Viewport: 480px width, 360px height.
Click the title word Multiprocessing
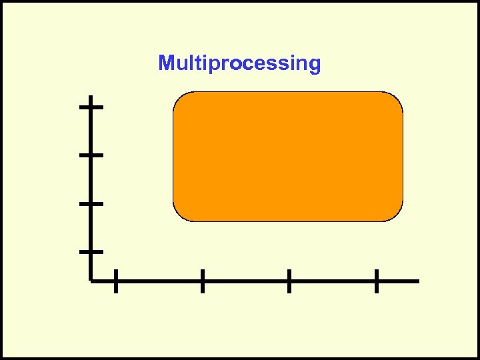click(239, 64)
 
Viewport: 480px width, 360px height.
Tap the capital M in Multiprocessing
click(166, 63)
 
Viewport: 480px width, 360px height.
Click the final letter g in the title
click(314, 65)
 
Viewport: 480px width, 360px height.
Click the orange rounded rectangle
click(288, 157)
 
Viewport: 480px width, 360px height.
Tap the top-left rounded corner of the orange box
click(180, 99)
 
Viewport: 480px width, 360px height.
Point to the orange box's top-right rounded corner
click(397, 99)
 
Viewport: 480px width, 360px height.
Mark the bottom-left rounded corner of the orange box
click(180, 214)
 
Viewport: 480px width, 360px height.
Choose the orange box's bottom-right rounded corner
click(397, 214)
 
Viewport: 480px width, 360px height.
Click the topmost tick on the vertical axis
click(91, 106)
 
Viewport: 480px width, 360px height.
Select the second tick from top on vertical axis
click(91, 155)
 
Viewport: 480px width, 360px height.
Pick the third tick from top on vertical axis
click(91, 203)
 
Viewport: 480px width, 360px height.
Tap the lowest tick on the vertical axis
click(91, 252)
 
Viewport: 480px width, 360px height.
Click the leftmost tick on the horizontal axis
click(115, 281)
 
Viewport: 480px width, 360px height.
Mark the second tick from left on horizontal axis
click(202, 281)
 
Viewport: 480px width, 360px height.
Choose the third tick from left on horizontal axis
click(289, 281)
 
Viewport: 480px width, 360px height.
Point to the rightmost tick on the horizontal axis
click(377, 281)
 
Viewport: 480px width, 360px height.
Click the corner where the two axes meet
click(91, 281)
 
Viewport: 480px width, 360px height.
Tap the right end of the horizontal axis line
click(417, 281)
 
